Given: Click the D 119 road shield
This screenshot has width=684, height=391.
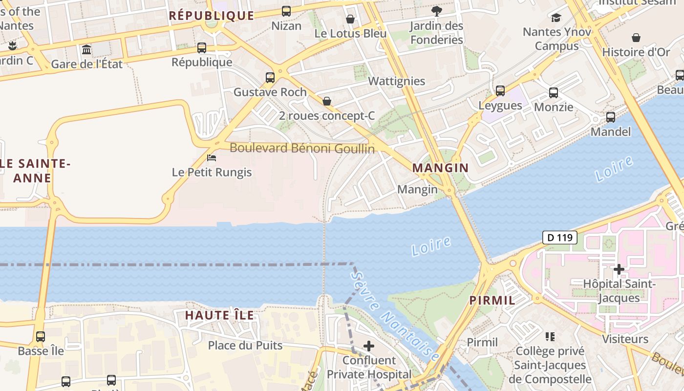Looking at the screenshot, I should pyautogui.click(x=559, y=238).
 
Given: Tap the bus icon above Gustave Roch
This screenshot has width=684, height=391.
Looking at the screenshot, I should pyautogui.click(x=270, y=77).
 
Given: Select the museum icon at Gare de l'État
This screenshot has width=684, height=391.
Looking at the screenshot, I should pyautogui.click(x=86, y=49).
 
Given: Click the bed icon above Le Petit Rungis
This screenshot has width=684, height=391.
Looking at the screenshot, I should pyautogui.click(x=212, y=157).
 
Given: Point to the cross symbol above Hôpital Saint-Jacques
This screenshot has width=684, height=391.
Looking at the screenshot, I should pyautogui.click(x=619, y=269).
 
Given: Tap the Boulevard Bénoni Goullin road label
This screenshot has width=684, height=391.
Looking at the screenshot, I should pyautogui.click(x=302, y=148).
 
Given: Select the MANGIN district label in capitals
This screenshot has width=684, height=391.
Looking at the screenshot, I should pyautogui.click(x=440, y=168).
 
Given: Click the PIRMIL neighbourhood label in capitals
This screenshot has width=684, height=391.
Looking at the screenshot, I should pyautogui.click(x=492, y=300).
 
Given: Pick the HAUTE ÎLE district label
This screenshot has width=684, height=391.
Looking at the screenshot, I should pyautogui.click(x=219, y=315).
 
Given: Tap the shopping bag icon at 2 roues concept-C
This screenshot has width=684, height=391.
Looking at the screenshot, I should pyautogui.click(x=327, y=101).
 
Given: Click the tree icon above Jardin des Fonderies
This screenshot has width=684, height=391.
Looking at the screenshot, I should pyautogui.click(x=436, y=11).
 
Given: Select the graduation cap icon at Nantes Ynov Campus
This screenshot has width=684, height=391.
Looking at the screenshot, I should pyautogui.click(x=556, y=18).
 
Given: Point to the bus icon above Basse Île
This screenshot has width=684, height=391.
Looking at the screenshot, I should pyautogui.click(x=41, y=336).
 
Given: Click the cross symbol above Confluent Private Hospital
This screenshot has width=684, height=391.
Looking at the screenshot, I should pyautogui.click(x=369, y=347).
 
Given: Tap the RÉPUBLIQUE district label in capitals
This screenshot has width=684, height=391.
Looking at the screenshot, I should pyautogui.click(x=211, y=16).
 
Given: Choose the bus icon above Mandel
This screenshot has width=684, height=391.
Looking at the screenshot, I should pyautogui.click(x=611, y=117).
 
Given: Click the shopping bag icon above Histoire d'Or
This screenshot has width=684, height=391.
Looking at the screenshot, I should pyautogui.click(x=636, y=38).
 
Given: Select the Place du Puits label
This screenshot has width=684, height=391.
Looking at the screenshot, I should pyautogui.click(x=245, y=346).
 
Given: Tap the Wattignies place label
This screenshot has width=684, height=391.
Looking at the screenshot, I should pyautogui.click(x=396, y=81).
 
